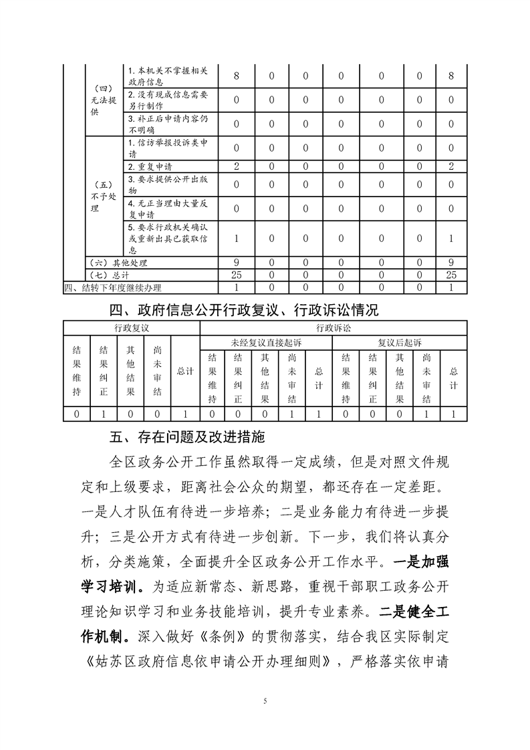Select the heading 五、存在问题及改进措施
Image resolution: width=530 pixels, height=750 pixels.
coord(188,438)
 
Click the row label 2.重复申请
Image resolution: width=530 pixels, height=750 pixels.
coord(154,166)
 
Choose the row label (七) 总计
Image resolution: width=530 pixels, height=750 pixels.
coord(110,275)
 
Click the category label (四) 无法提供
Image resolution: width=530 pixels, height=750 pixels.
coord(104,100)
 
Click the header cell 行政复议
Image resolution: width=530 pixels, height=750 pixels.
coord(131,329)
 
